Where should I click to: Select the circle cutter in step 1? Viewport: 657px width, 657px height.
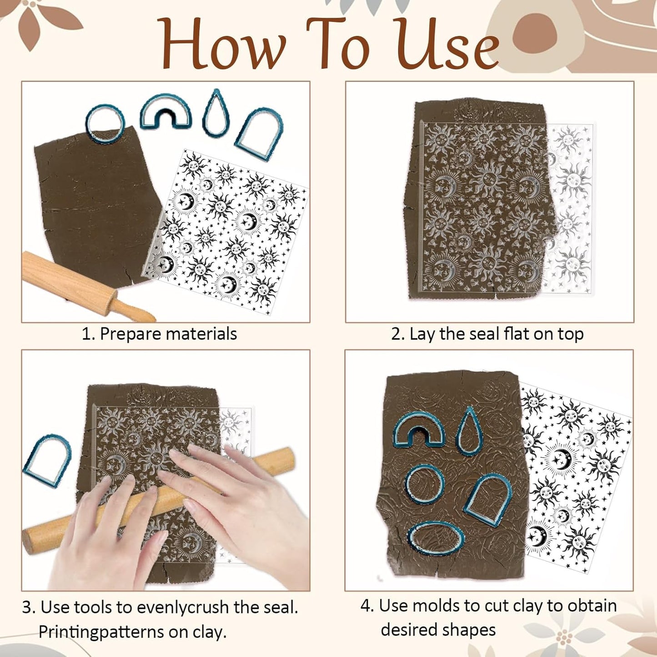104,123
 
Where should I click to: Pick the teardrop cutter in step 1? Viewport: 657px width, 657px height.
216,114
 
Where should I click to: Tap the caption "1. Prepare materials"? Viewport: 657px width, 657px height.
159,334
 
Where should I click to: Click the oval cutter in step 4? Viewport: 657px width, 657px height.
436,539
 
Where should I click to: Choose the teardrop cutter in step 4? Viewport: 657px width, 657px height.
469,431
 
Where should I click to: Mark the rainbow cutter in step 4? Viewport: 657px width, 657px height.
418,429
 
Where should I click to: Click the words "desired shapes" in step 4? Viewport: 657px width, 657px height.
438,630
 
